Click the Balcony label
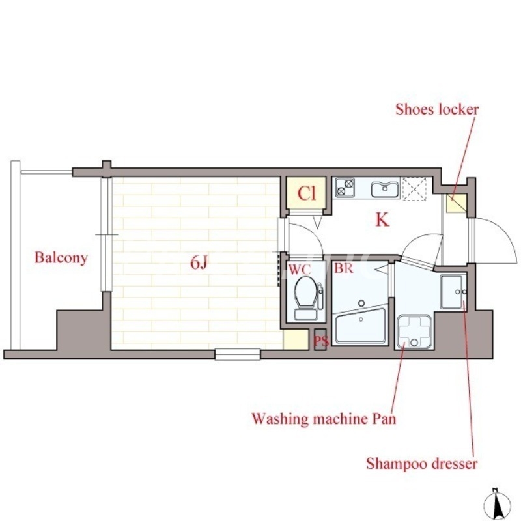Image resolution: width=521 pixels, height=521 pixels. coord(61,258)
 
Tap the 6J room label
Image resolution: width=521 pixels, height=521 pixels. coord(199,263)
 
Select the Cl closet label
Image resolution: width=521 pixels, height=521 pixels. coord(306,193)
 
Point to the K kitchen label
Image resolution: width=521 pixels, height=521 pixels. coord(382,219)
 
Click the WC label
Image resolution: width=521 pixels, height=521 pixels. coord(300,270)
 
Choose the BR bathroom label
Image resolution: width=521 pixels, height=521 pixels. coord(344,268)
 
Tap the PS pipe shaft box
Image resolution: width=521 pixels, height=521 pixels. coord(321,339)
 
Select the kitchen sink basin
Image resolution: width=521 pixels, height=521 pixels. coord(385,190)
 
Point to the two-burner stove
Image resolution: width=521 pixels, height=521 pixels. coord(345,188)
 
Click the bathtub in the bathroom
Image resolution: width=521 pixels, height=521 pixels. coord(361,326)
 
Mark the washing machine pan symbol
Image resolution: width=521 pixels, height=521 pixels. coord(414,332)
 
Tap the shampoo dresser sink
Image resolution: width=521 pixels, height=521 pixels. coord(453,292)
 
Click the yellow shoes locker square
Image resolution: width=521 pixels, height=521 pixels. coord(457,203)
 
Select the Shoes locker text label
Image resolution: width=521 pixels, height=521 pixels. coord(437,109)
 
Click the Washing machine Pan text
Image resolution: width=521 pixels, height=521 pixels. coord(324,418)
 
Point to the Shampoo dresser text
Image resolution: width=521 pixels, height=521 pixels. coord(421,463)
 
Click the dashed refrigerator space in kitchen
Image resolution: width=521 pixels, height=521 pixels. coord(414,189)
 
